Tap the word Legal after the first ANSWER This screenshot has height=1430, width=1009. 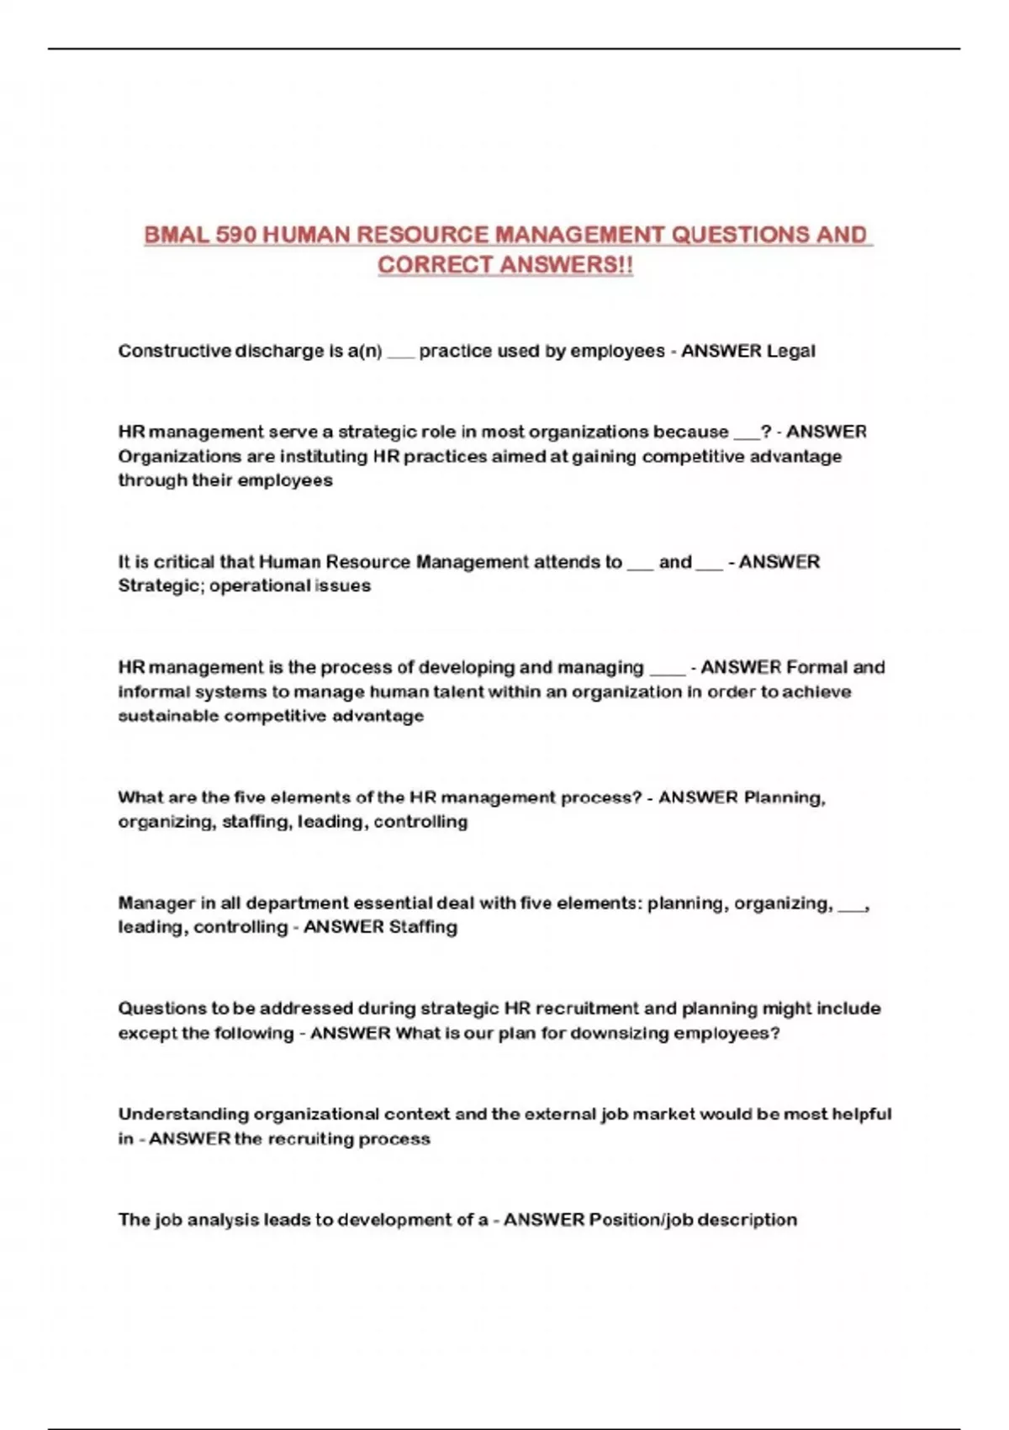(790, 351)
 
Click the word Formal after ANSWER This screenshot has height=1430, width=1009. (816, 668)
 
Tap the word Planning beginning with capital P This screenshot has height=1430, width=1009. (784, 797)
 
